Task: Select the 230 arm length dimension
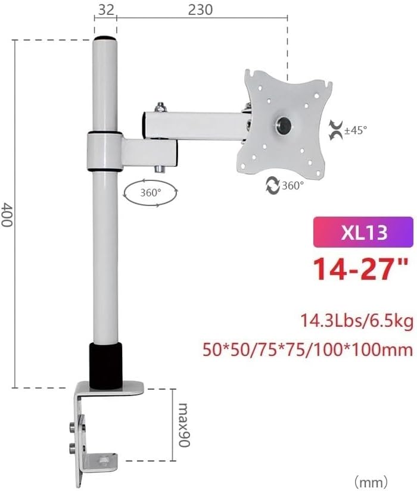(199, 10)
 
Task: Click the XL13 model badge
(363, 232)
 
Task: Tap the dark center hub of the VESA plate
(284, 125)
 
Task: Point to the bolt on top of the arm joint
(160, 108)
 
